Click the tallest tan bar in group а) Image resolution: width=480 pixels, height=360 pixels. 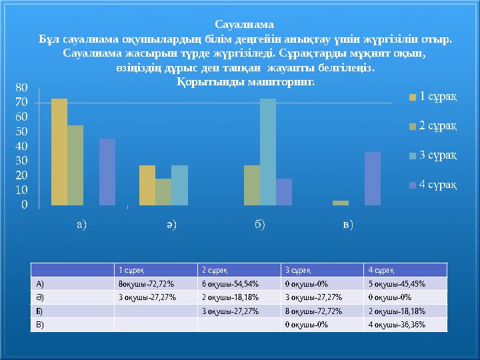(59, 152)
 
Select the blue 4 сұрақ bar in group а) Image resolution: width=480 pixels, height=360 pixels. (107, 172)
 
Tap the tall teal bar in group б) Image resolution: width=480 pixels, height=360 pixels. (267, 152)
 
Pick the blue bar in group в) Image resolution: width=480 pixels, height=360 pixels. (373, 179)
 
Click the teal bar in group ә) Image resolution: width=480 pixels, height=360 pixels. (179, 185)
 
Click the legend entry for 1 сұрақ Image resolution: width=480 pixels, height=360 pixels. (433, 97)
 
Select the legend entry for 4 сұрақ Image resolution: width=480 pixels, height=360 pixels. (433, 184)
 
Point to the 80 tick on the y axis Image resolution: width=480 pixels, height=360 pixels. (21, 88)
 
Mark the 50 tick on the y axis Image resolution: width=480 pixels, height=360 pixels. (21, 132)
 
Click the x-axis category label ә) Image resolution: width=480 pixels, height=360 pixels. (171, 224)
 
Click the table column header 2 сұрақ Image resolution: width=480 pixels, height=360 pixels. (215, 270)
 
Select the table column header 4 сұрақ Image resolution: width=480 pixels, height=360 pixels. (382, 270)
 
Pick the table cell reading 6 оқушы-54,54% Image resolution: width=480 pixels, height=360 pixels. (226, 283)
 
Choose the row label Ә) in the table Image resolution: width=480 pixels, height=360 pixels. (41, 297)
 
